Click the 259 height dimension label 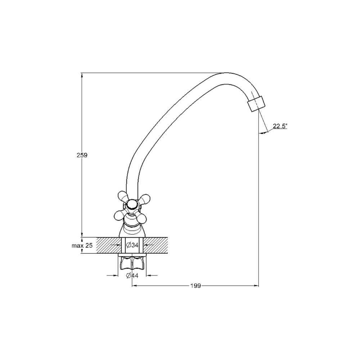click(82, 155)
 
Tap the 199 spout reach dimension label click(195, 286)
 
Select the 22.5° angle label click(280, 126)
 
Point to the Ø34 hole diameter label click(132, 245)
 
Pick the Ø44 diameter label click(132, 275)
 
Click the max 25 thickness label click(82, 246)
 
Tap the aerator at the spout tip click(256, 103)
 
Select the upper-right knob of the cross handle click(144, 198)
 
